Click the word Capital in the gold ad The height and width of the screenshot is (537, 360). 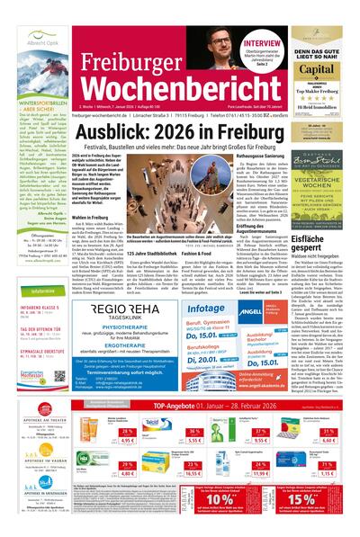[319, 67]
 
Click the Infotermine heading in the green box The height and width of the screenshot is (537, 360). [44, 291]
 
